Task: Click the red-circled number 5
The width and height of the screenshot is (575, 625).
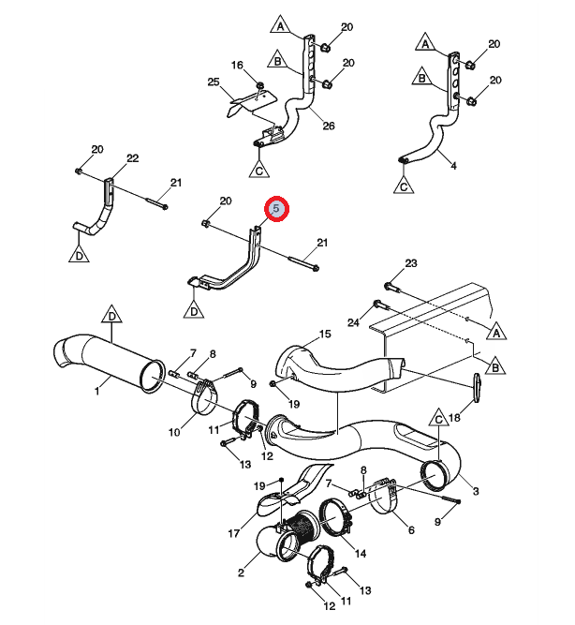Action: pos(275,208)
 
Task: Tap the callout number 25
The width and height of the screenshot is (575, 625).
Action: pos(214,82)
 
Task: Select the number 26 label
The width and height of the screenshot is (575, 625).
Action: pos(329,126)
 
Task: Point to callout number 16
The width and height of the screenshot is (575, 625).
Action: pos(237,65)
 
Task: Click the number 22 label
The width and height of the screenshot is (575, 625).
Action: pos(132,158)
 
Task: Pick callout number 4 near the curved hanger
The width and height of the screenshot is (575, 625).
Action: pos(453,166)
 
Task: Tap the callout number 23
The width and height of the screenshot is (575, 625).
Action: pos(411,263)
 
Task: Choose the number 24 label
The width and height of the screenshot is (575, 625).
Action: pos(353,322)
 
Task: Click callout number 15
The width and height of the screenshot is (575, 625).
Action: pos(325,334)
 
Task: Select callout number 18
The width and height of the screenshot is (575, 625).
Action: pos(454,417)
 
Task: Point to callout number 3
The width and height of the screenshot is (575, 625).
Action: pos(476,491)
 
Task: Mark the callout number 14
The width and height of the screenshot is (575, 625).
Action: pos(361,553)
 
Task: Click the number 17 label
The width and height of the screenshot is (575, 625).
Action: pos(234,533)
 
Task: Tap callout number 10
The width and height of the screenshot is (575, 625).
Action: pos(174,432)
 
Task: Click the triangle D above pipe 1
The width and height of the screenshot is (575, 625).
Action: pos(112,315)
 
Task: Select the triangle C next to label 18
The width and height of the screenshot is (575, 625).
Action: pos(438,418)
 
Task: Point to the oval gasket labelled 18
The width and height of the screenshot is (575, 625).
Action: pos(477,386)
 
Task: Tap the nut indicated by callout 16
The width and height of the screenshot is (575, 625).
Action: pos(260,85)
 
